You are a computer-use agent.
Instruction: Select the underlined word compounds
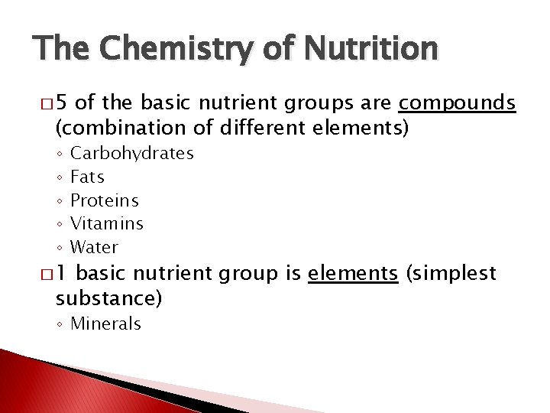(458, 103)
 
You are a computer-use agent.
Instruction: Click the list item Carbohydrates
(131, 153)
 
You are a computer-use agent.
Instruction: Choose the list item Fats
(87, 177)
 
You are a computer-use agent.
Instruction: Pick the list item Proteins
(104, 200)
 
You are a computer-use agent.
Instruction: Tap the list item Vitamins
(106, 224)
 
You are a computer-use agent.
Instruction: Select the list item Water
(94, 247)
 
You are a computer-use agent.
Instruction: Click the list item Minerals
(105, 324)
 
